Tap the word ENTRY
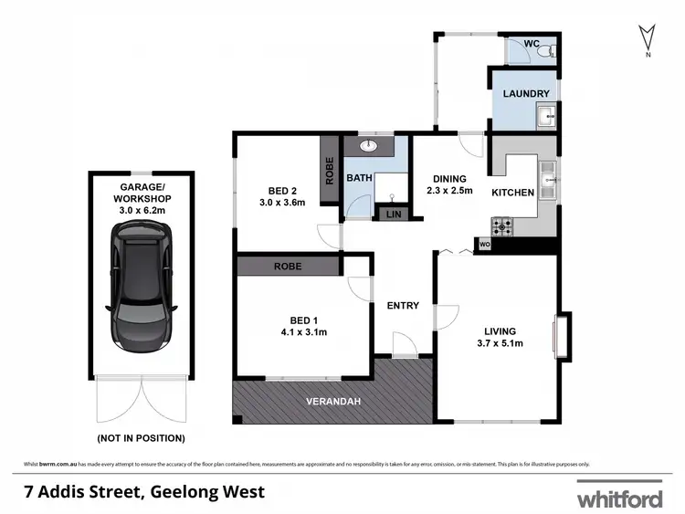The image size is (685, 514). [402, 305]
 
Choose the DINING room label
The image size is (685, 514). [448, 184]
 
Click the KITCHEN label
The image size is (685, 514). [512, 194]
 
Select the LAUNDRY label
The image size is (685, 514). [526, 93]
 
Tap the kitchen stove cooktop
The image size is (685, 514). [503, 224]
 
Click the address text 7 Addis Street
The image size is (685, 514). [143, 492]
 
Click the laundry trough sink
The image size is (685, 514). [547, 117]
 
